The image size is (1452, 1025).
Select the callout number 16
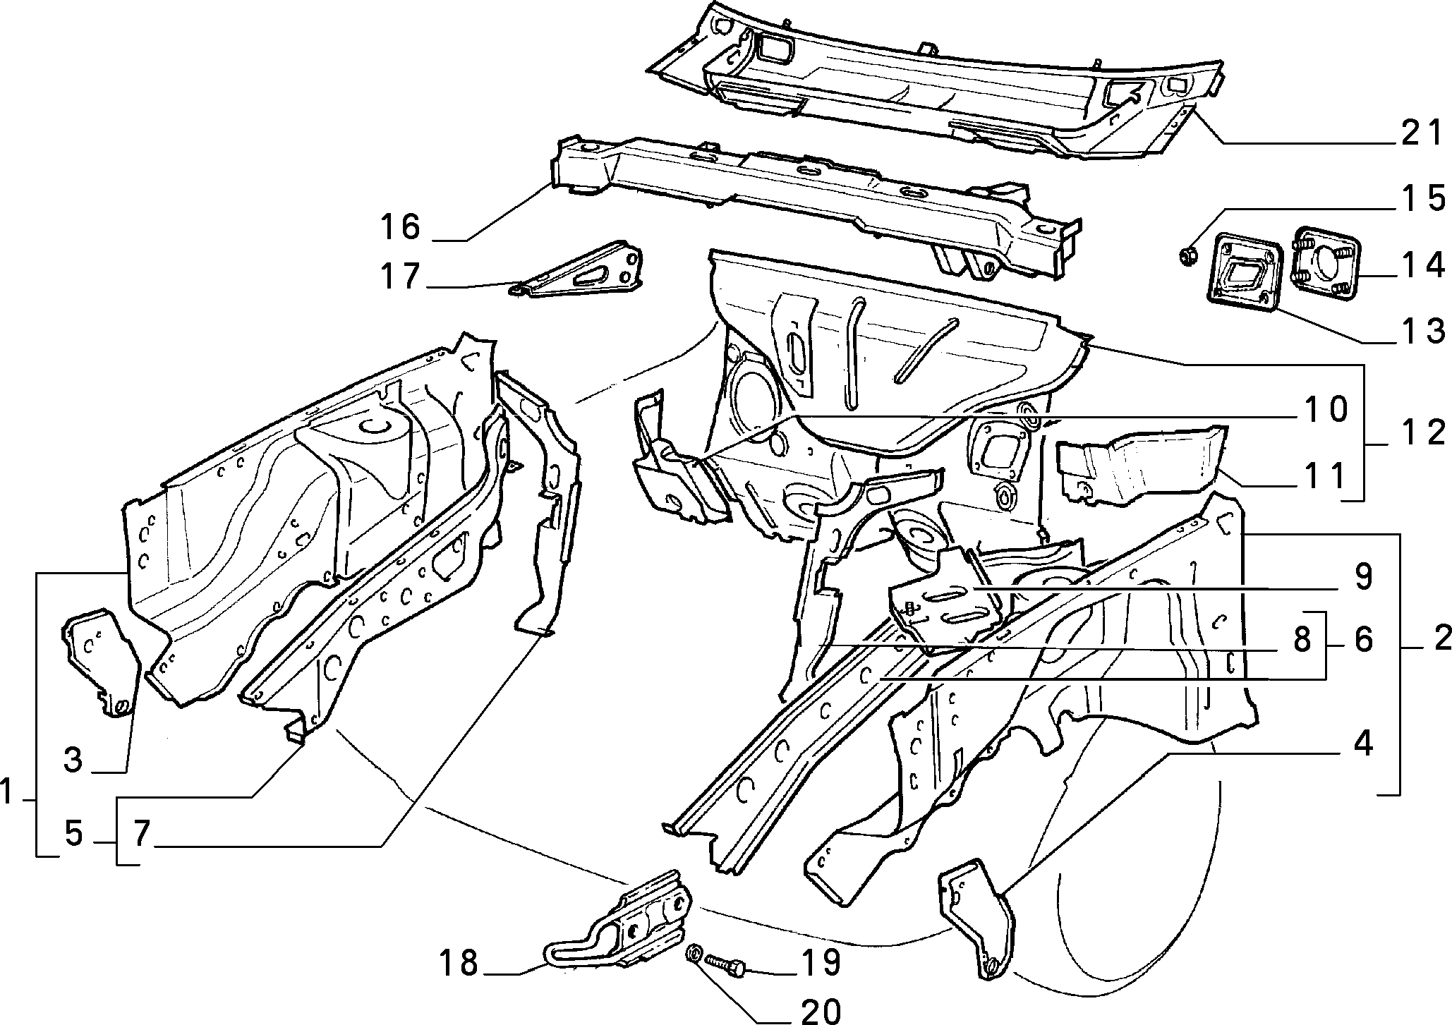400,226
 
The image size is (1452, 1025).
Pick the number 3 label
73,760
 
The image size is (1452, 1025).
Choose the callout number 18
459,963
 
